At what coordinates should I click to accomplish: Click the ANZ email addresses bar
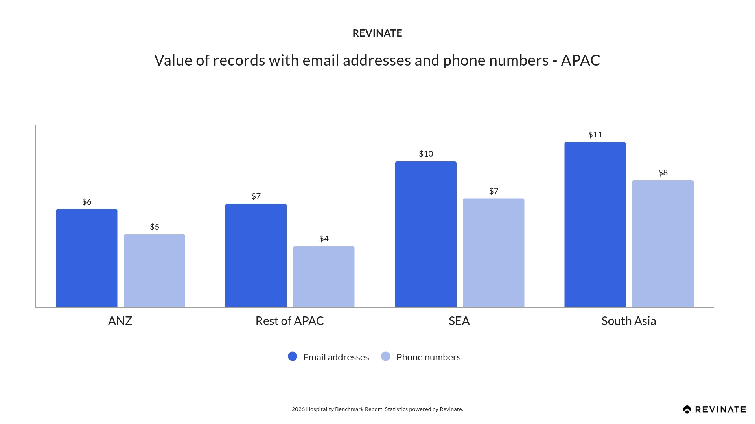(x=87, y=258)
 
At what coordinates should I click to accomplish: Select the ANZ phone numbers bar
(x=154, y=270)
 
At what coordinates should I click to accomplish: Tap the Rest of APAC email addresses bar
(x=256, y=255)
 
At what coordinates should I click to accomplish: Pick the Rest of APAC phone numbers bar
(x=324, y=276)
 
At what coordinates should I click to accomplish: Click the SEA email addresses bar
(x=425, y=234)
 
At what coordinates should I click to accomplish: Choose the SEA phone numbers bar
(x=494, y=252)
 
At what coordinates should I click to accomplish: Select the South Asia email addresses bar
(x=595, y=224)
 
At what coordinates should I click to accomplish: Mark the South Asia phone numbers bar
(x=663, y=243)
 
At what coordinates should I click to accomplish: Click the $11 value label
(x=595, y=135)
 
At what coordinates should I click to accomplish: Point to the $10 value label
(x=426, y=154)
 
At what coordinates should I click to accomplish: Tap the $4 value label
(x=324, y=239)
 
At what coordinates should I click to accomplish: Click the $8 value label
(x=663, y=173)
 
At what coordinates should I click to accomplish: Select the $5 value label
(x=154, y=227)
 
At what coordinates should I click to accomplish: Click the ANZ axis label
(x=120, y=321)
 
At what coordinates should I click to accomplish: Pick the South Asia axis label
(x=628, y=321)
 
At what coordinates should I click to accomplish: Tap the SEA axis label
(x=459, y=321)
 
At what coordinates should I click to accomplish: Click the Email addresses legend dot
(x=293, y=356)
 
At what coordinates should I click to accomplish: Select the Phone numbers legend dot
(x=386, y=356)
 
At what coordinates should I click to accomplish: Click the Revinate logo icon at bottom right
(x=687, y=409)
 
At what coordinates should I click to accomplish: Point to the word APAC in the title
(x=580, y=60)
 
